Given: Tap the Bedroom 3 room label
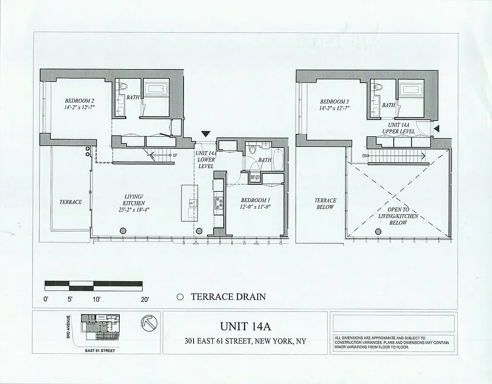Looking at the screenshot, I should click(x=334, y=102).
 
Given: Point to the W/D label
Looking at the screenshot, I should click(x=256, y=178).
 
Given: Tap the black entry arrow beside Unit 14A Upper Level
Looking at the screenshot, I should click(x=436, y=128).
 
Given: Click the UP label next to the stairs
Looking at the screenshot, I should click(x=175, y=155).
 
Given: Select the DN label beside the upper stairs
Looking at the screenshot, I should click(x=364, y=156).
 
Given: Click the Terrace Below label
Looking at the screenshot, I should click(x=325, y=204).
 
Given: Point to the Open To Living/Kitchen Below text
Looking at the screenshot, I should click(x=399, y=216).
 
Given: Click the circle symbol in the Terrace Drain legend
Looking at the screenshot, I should click(x=180, y=297).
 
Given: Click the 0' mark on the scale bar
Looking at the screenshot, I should click(x=46, y=300).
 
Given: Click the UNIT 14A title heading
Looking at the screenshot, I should click(x=245, y=326).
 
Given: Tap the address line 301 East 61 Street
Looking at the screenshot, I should click(x=245, y=342).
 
